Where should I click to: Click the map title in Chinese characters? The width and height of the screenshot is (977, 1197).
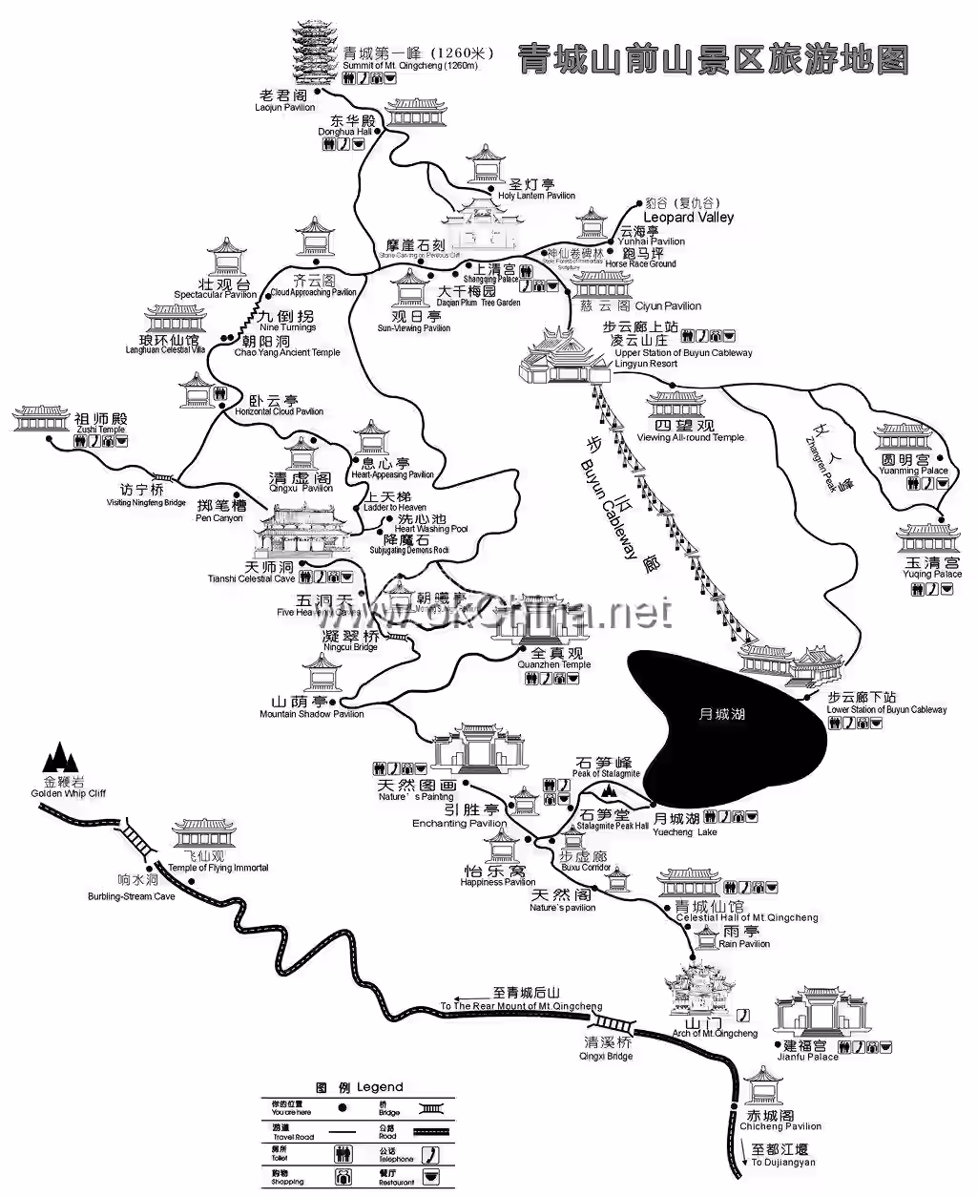712,58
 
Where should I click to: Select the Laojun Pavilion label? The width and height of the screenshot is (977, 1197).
284,101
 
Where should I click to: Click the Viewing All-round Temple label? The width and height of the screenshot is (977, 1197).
690,431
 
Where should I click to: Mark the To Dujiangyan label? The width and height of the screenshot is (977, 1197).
781,1156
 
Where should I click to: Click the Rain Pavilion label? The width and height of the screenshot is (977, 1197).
744,937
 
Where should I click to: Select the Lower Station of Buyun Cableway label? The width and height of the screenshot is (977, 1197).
886,703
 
